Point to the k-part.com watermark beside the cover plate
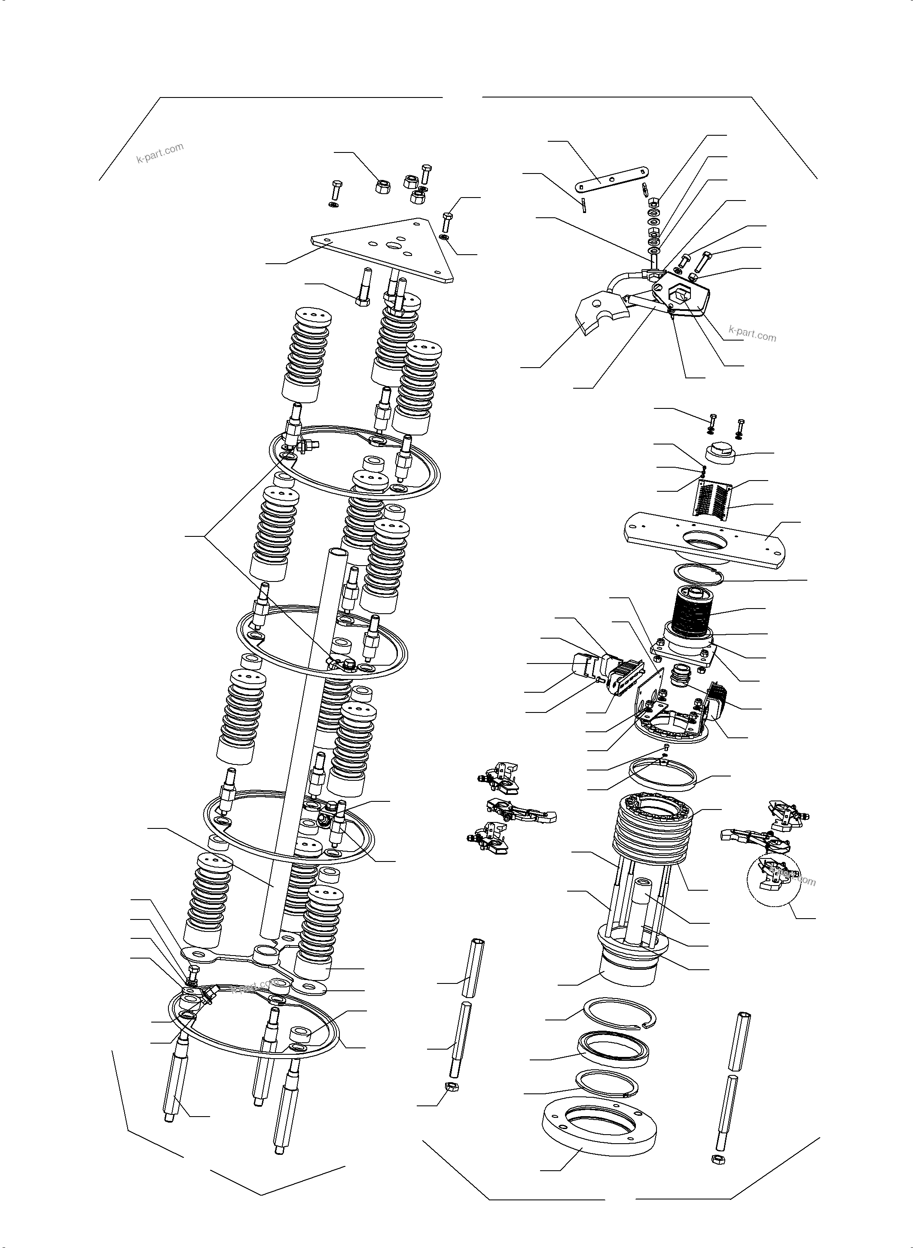coord(752,334)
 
